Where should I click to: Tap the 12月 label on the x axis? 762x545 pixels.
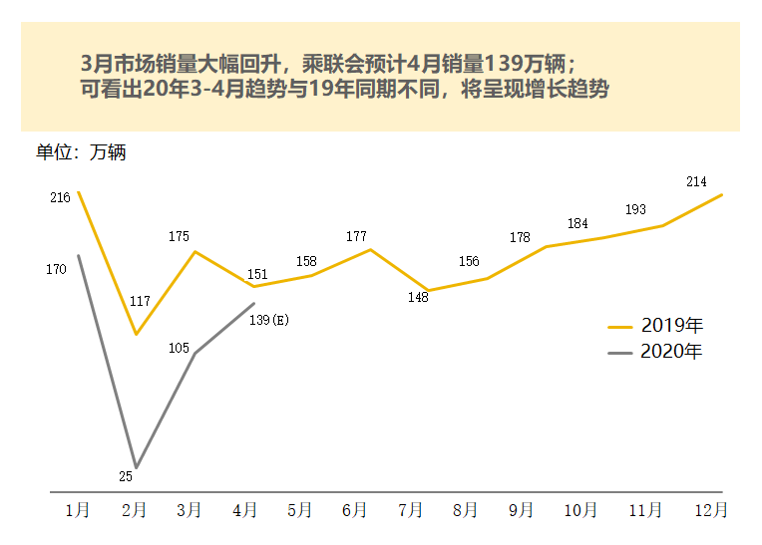click(x=710, y=510)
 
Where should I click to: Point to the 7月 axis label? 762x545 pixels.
click(x=410, y=510)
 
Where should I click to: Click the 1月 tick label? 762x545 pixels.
click(x=77, y=510)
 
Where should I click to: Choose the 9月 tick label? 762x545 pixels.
click(x=521, y=510)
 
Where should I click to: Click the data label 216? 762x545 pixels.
click(x=60, y=197)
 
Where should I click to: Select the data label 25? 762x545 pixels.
click(x=126, y=476)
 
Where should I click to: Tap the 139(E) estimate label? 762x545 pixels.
click(x=269, y=319)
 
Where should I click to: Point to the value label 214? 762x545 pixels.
click(x=696, y=181)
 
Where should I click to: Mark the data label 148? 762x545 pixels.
click(x=418, y=297)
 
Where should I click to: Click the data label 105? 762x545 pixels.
click(x=180, y=348)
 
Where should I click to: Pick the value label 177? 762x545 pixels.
click(x=356, y=236)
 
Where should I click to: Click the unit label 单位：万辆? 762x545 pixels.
click(x=81, y=153)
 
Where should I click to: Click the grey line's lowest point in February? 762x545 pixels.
click(x=137, y=467)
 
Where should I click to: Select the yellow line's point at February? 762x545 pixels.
click(x=137, y=334)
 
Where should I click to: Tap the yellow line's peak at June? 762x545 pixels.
click(x=370, y=249)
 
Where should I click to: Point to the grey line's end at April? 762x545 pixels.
click(x=254, y=303)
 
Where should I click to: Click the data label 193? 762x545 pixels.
click(x=635, y=210)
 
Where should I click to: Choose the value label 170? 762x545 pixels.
click(x=56, y=269)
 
